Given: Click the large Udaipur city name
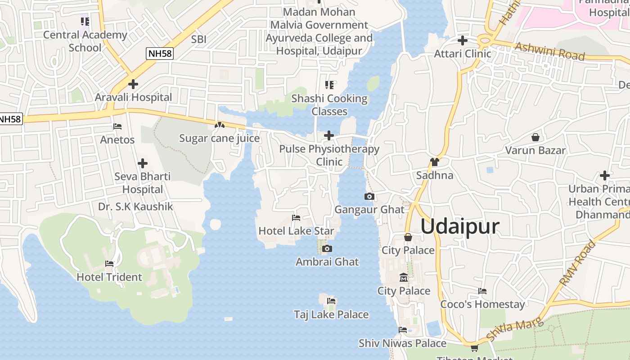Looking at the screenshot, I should [x=459, y=226].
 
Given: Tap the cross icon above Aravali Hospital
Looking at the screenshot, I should [x=133, y=84].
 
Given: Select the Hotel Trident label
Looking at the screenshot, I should [x=109, y=277].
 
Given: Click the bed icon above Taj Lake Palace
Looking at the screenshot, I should [x=331, y=301].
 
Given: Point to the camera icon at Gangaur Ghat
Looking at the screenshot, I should [x=369, y=197].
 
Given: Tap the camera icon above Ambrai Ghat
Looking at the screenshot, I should [x=327, y=249].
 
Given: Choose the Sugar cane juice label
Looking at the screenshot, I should [x=219, y=138].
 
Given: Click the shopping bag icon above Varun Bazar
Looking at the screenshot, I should [x=535, y=137].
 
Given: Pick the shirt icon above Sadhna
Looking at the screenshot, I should [x=434, y=162].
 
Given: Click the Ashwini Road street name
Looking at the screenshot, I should [x=549, y=51].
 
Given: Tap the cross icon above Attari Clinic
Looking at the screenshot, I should [x=462, y=41].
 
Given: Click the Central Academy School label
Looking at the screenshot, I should [x=85, y=41].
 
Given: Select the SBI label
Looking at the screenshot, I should [x=198, y=39].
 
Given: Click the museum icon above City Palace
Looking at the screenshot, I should [x=403, y=278].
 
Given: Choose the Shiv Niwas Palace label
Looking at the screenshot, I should [x=402, y=343].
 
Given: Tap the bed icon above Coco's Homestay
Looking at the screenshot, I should [x=482, y=291].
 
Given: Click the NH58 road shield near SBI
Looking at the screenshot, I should [x=160, y=54].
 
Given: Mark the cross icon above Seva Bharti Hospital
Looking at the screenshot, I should [x=143, y=163].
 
